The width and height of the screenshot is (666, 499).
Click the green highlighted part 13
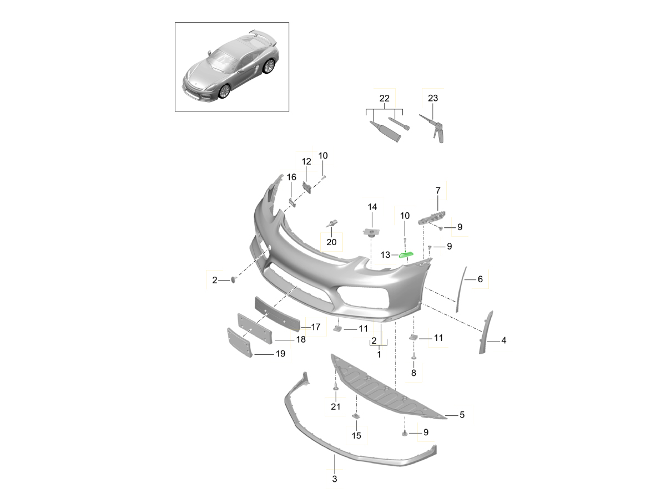406,254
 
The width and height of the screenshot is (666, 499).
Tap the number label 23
433,98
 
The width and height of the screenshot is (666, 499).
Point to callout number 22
384,98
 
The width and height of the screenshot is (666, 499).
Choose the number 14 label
372,207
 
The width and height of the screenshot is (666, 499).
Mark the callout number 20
331,242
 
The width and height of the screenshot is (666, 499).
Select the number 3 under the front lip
335,478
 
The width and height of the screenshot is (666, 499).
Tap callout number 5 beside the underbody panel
462,414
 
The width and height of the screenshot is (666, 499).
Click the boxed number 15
356,436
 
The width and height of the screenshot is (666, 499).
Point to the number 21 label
335,407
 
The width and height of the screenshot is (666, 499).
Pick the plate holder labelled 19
240,342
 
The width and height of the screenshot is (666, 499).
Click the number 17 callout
315,327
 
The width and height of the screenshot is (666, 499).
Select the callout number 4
503,340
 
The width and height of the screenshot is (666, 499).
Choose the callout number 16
291,177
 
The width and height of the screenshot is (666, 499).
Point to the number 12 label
306,161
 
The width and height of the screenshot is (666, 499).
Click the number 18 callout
300,339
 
